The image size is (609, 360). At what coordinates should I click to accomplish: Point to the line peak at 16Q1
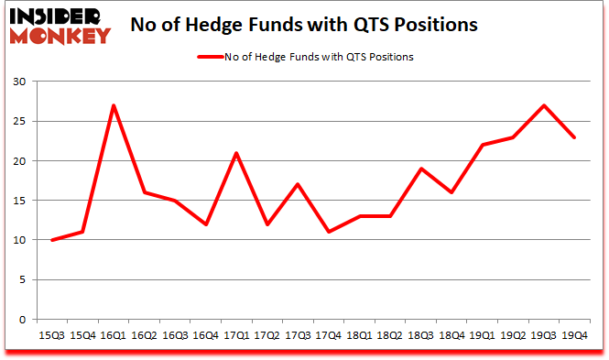coord(113,105)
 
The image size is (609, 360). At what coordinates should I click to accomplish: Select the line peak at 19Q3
coord(545,105)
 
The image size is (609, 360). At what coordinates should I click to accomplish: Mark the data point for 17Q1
coord(236,153)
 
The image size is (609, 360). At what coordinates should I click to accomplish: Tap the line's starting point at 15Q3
coord(51,240)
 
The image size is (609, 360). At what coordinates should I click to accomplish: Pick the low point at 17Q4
coord(329,233)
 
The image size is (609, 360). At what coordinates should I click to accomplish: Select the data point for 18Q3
coord(421,169)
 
